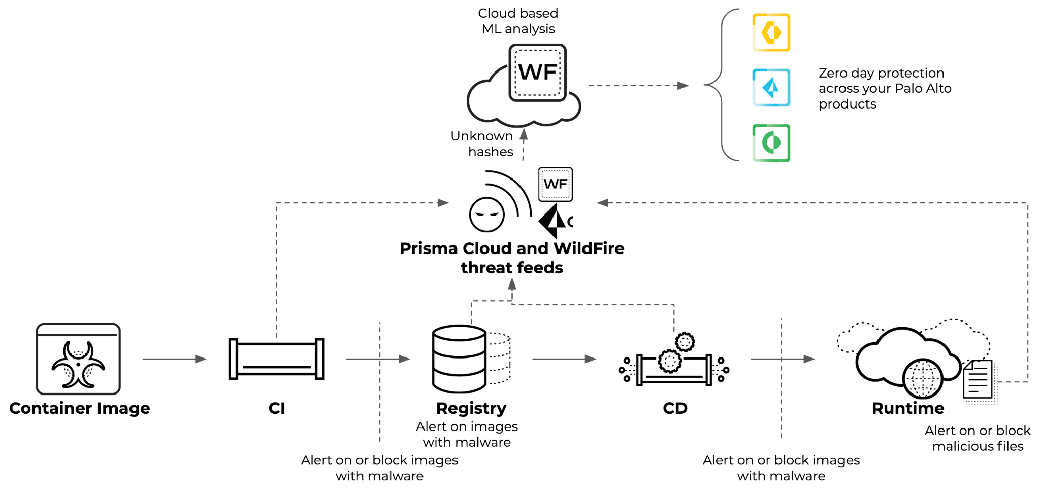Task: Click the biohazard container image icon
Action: click(78, 359)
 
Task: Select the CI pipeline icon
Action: click(276, 359)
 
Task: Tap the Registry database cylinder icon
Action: click(459, 359)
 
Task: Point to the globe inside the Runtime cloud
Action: click(922, 378)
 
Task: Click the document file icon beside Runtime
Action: click(978, 380)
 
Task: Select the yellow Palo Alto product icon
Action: click(771, 32)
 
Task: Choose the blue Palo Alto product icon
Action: click(771, 88)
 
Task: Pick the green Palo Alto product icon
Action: click(771, 143)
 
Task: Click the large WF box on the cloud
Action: click(537, 73)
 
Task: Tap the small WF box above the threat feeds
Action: click(555, 185)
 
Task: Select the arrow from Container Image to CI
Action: click(174, 359)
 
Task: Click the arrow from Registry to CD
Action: click(564, 359)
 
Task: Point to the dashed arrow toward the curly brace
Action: click(638, 86)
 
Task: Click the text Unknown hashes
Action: click(482, 144)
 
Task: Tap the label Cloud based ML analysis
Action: click(518, 21)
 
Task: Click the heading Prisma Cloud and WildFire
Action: click(512, 248)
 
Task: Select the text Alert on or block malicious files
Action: click(978, 438)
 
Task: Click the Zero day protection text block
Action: click(885, 88)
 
